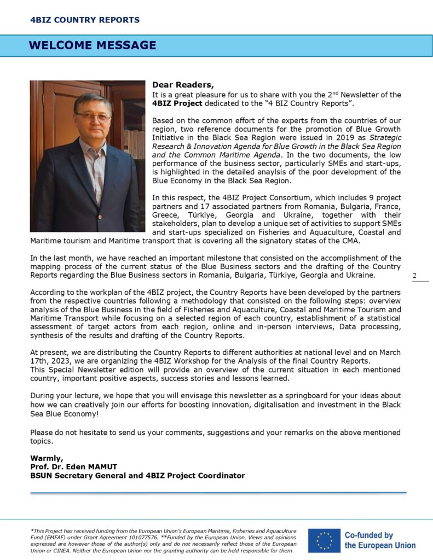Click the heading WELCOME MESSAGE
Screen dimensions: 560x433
(92, 45)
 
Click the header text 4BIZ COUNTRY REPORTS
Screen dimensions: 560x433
(85, 20)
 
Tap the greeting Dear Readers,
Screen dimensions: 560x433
(183, 85)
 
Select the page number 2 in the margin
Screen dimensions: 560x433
(414, 275)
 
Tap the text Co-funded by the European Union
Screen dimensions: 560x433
(379, 540)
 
